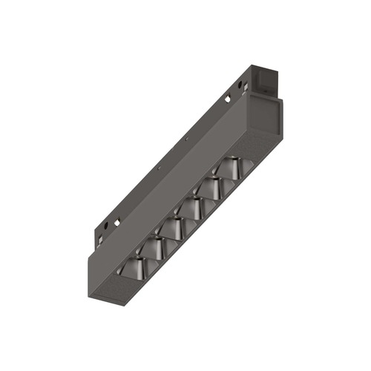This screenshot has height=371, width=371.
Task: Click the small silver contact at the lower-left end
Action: pos(99,240)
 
